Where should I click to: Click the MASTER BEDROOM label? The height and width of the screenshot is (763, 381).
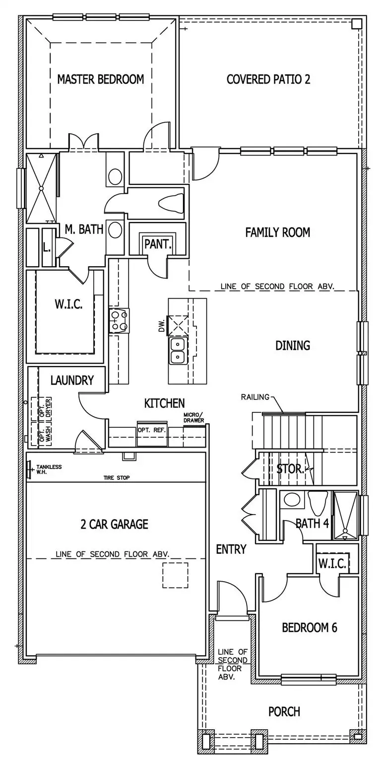(100, 79)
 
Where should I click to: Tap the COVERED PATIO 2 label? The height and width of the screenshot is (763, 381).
(268, 79)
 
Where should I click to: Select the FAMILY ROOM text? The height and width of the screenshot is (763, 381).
(277, 232)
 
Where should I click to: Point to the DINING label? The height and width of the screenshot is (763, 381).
(293, 345)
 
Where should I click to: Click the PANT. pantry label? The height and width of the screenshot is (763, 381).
(158, 244)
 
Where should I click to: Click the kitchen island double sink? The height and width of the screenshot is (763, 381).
(177, 351)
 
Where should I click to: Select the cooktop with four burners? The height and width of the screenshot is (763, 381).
(119, 320)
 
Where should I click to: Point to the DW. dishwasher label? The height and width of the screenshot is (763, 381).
(161, 326)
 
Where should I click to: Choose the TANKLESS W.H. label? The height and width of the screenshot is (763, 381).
(49, 469)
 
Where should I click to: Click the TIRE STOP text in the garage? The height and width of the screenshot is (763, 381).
(116, 477)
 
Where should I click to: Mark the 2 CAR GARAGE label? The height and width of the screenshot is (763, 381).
(114, 524)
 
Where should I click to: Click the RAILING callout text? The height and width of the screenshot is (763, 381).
(255, 397)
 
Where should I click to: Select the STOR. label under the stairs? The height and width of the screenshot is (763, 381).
(290, 469)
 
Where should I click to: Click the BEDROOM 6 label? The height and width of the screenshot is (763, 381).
(309, 627)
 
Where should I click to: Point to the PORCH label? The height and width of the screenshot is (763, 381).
(284, 711)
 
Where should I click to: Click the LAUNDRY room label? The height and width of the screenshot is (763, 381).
(72, 381)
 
